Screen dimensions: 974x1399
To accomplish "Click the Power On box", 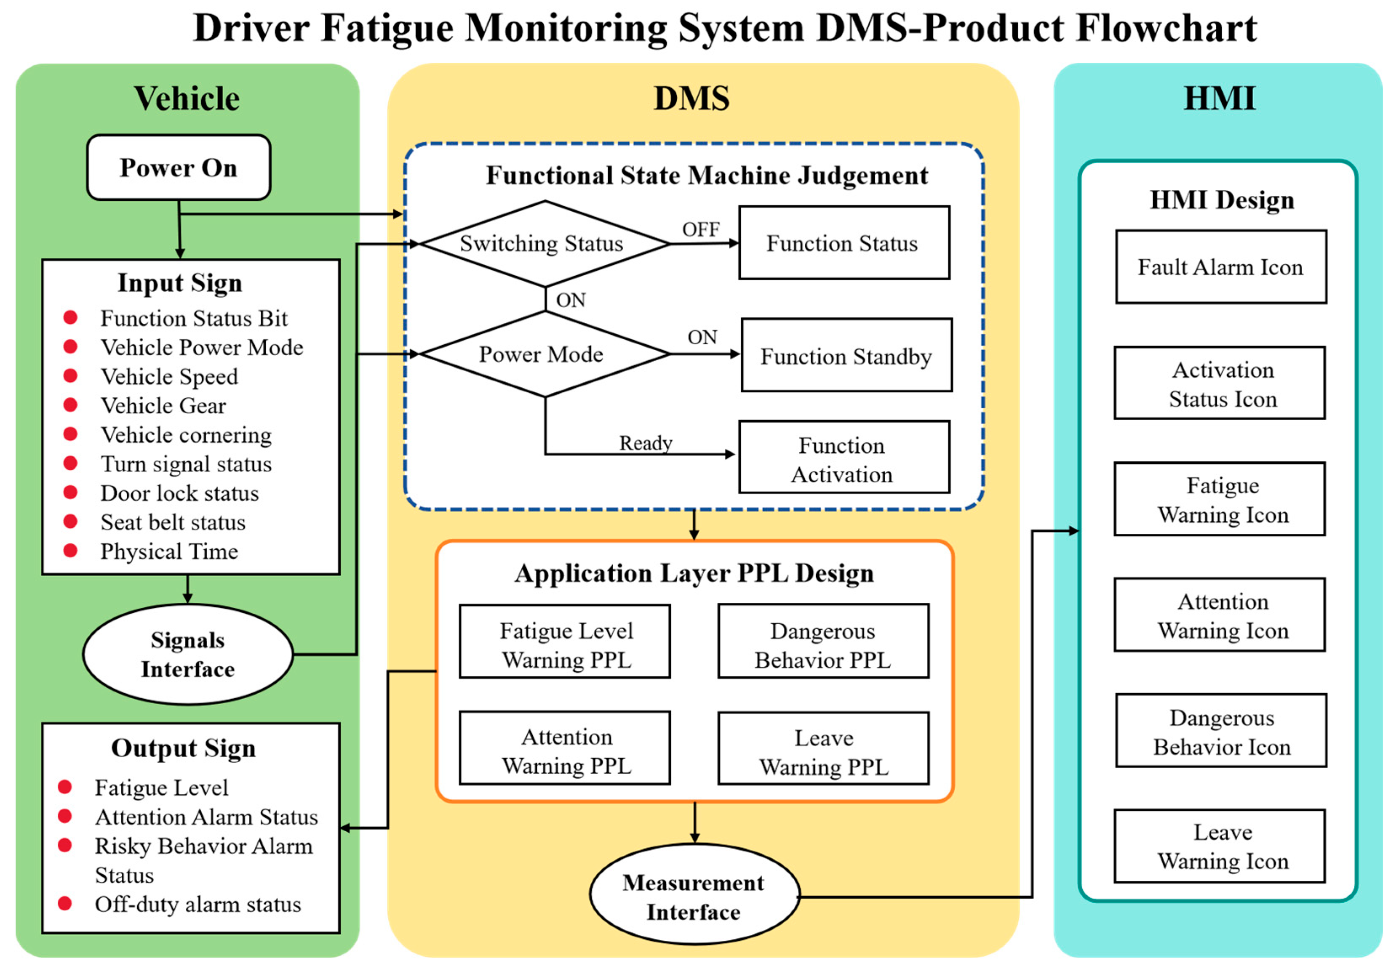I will pos(179,168).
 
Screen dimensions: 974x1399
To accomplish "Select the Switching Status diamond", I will pos(544,244).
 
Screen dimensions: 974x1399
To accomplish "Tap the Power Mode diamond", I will pos(544,354).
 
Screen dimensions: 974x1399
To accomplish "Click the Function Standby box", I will pos(846,355).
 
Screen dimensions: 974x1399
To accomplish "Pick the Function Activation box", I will pos(844,458).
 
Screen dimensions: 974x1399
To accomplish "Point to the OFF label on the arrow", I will pos(701,230).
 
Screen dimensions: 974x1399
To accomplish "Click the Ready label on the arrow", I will pos(646,443).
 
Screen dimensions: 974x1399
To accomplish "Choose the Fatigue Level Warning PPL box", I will pos(565,641).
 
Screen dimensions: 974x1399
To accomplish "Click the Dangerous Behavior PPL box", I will pos(823,641).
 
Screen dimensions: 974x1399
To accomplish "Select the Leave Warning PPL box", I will pos(823,749).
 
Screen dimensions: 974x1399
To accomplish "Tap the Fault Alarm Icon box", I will pos(1221,267).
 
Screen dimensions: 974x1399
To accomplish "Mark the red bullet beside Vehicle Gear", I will pos(71,405).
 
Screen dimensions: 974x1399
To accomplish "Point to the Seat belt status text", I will pos(173,523).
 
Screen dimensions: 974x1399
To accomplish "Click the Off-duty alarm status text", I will pos(198,905).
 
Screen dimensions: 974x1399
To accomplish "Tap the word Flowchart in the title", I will pos(1166,29).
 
